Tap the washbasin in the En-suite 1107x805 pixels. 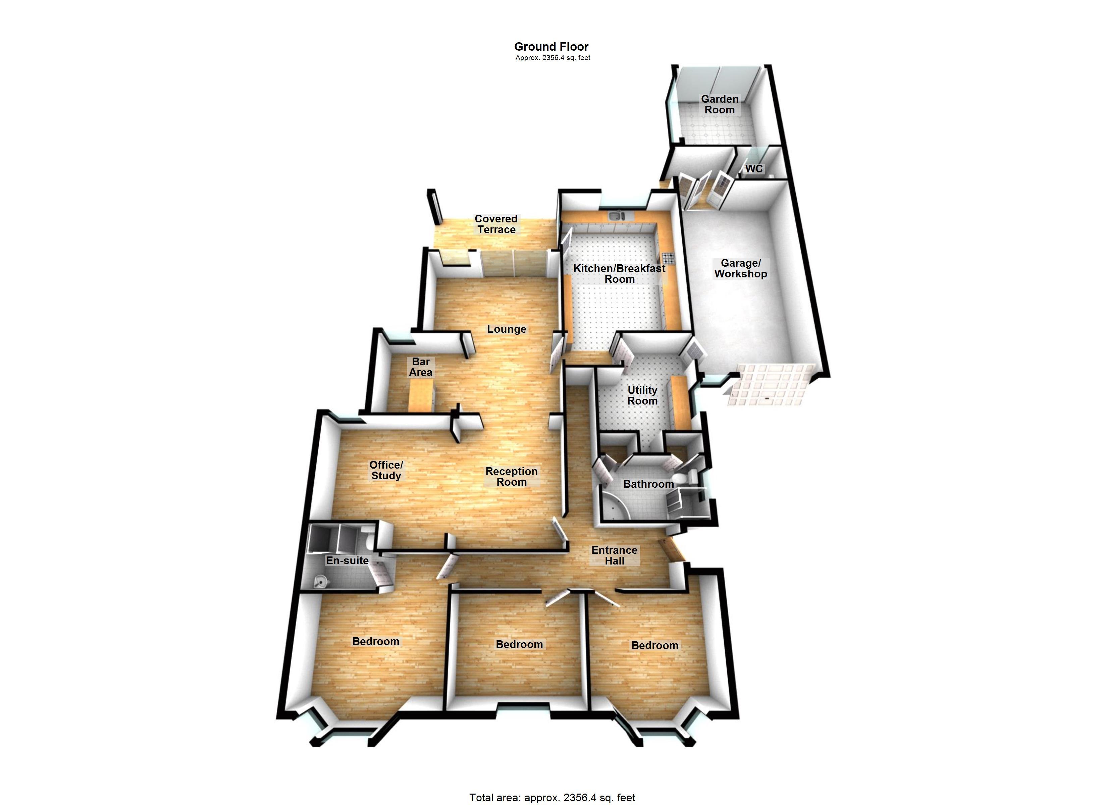(320, 581)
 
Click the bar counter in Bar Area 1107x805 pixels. (421, 396)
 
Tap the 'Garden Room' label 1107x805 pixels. (720, 104)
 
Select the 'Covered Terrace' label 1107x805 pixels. (496, 224)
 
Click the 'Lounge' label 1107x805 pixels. (507, 329)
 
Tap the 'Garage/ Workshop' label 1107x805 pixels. (740, 268)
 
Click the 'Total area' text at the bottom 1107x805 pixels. (552, 798)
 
